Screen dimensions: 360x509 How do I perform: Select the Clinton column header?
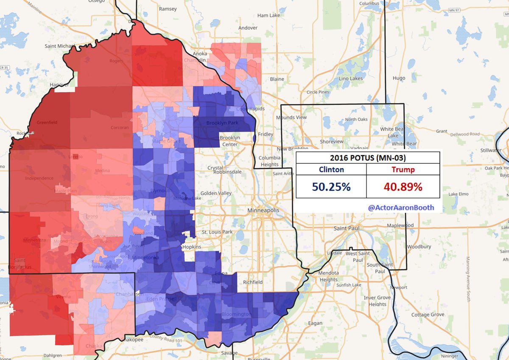(331, 170)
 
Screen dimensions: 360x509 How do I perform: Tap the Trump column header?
(403, 170)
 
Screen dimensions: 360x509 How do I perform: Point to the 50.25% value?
(331, 187)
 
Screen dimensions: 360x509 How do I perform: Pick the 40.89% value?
(403, 187)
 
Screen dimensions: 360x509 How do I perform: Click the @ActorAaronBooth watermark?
(400, 208)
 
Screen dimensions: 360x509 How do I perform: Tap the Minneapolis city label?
(263, 211)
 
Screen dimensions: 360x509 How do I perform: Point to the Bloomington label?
(236, 315)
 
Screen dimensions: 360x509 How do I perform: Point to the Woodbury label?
(419, 247)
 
